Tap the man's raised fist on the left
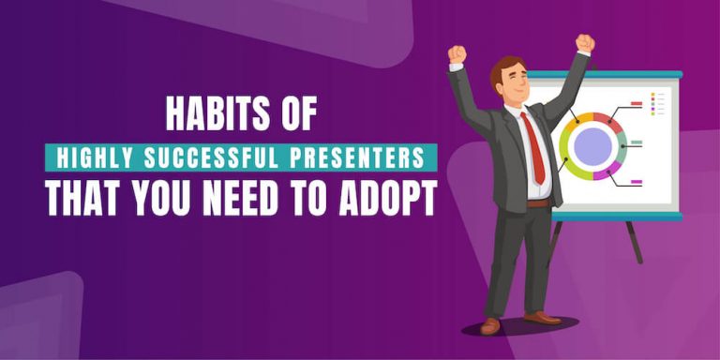click(457, 53)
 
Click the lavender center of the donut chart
click(592, 145)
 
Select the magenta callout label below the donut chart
click(637, 181)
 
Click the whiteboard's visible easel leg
click(635, 242)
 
